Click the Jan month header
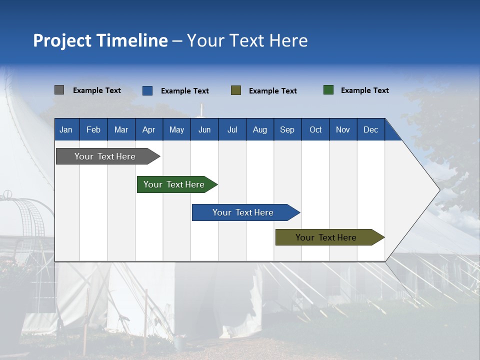pos(66,129)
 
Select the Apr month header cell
pos(149,129)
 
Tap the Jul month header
pos(232,129)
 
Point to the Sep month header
pos(287,129)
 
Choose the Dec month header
pos(370,129)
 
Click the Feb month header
pos(93,129)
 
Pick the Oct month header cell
pos(315,129)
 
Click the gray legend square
pos(59,90)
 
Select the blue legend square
pos(147,90)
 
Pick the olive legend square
pos(236,90)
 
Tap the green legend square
pos(328,90)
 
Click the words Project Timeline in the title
pos(100,40)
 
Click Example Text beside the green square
pos(364,90)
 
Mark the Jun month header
pos(204,129)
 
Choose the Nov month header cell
pos(343,129)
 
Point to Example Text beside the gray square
pos(97,90)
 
